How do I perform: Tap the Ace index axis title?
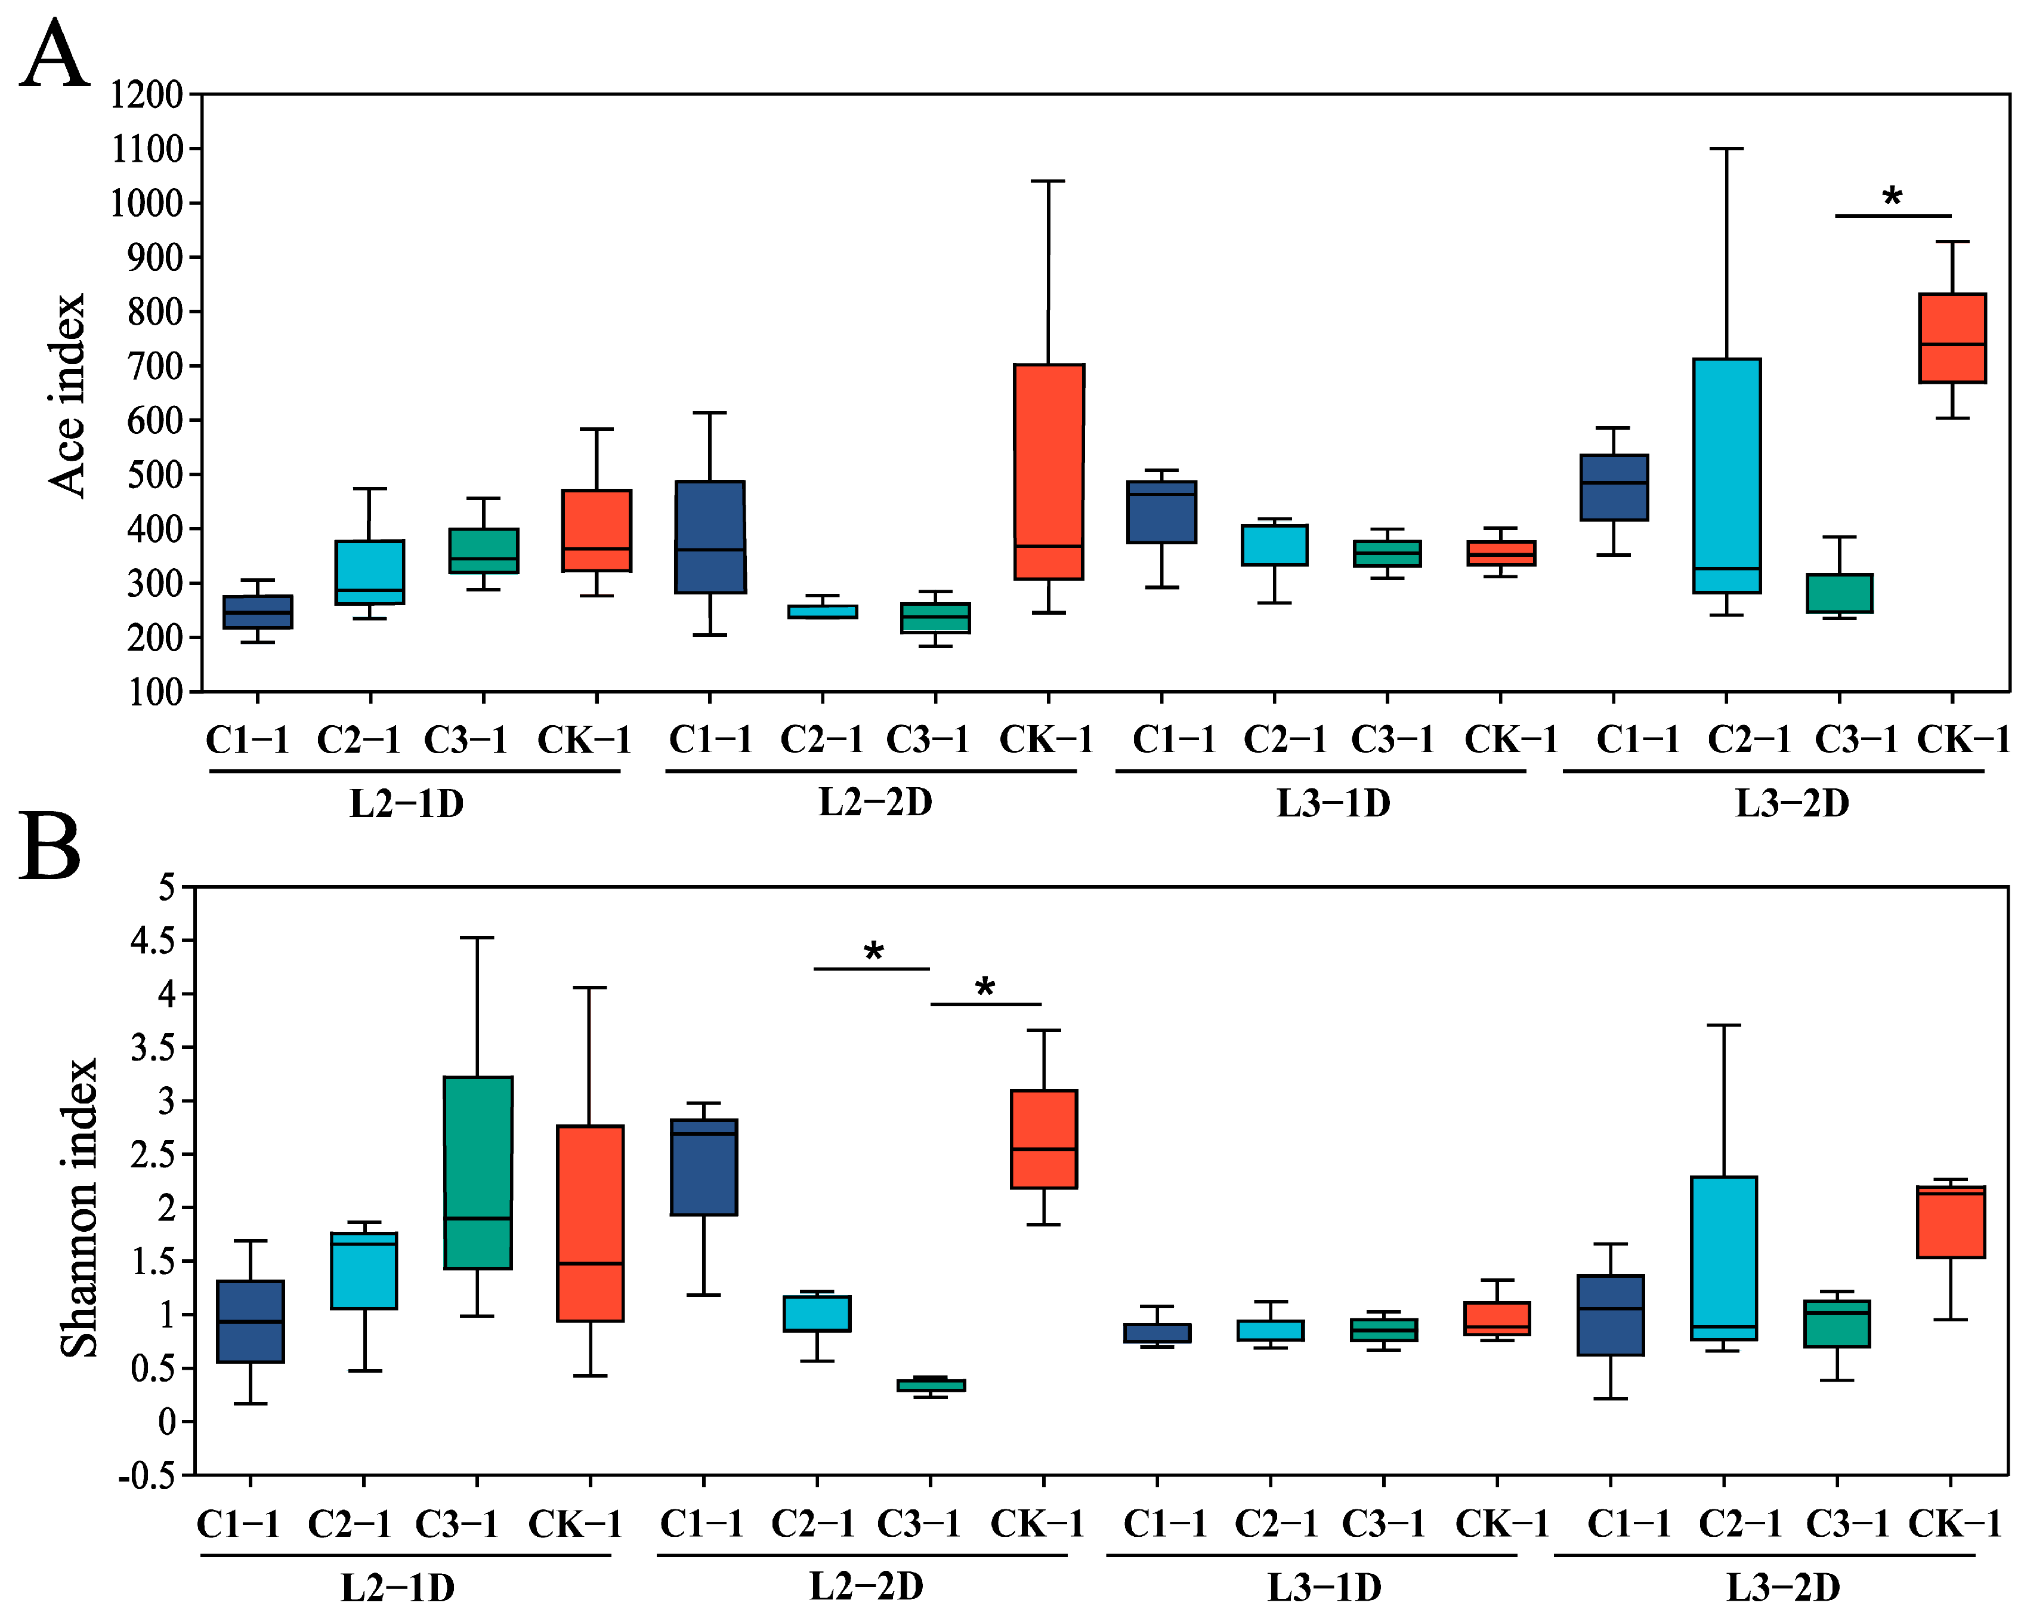[67, 395]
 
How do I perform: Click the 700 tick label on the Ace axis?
[154, 366]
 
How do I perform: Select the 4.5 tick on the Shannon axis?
[152, 939]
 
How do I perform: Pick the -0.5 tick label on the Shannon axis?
[147, 1476]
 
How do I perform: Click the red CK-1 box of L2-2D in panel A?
[1049, 471]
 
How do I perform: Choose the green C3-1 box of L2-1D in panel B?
[477, 1172]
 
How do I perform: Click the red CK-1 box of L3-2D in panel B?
[1951, 1222]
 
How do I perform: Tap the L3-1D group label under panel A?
[1333, 803]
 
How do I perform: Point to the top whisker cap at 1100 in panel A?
[1727, 148]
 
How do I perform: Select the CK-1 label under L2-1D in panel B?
[574, 1525]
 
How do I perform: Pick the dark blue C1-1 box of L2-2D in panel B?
[704, 1167]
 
